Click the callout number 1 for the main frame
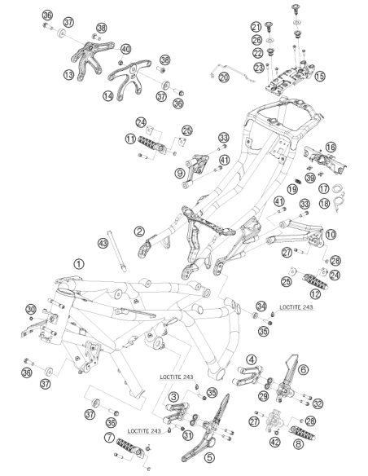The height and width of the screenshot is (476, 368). coord(79,264)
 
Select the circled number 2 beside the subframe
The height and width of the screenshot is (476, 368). coord(139,231)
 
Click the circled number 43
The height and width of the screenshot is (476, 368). coord(103,243)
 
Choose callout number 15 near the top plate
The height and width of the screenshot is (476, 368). coord(319,76)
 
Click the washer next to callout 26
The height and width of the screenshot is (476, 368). coord(269,40)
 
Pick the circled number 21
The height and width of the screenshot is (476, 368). coord(256,27)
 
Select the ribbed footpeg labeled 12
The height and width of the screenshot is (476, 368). coord(315,281)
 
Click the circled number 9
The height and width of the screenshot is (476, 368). coord(179,173)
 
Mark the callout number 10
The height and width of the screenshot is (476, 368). coord(331,235)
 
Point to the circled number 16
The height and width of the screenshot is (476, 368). coord(331,148)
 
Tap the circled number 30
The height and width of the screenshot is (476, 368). coord(31,310)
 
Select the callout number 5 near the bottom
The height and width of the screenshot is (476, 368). coord(209,457)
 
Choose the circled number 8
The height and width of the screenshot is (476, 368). coord(298,444)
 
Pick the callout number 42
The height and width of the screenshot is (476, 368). coord(275,442)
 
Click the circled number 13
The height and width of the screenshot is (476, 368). coord(69,74)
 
